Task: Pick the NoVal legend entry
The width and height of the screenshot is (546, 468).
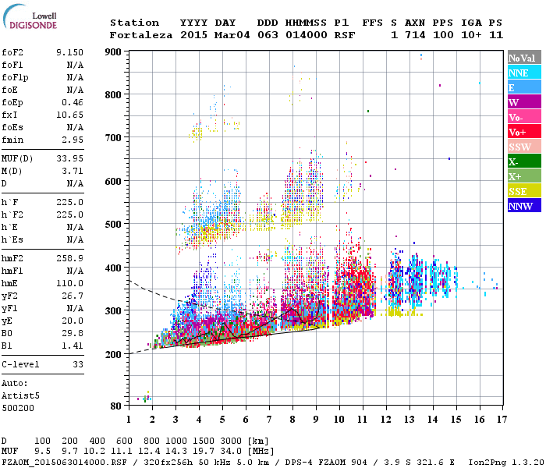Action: tap(523, 58)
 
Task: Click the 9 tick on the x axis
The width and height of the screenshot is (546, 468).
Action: tap(316, 420)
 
